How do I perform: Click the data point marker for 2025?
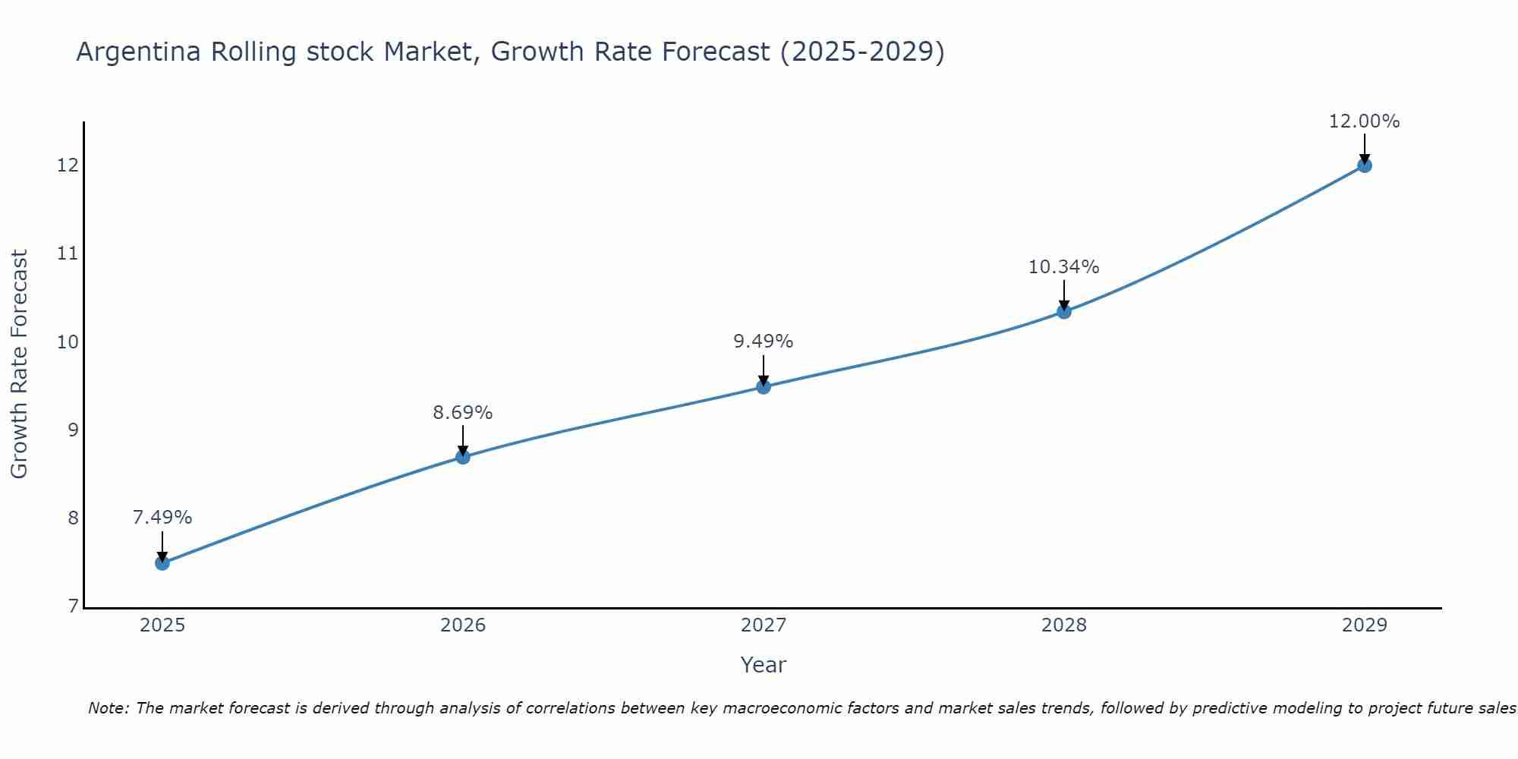(x=162, y=563)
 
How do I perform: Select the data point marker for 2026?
(x=463, y=457)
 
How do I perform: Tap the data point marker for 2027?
(x=764, y=387)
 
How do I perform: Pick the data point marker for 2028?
(x=1064, y=311)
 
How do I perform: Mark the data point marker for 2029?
(x=1364, y=165)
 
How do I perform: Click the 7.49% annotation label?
(x=162, y=518)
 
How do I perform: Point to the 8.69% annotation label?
(x=463, y=413)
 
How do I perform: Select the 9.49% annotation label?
(x=764, y=342)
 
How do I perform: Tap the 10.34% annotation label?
(x=1064, y=267)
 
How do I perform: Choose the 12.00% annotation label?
(x=1364, y=121)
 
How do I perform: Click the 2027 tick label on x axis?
(x=764, y=625)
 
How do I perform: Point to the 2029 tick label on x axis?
(x=1364, y=625)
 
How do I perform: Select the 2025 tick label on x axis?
(x=162, y=625)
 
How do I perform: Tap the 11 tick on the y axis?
(x=68, y=254)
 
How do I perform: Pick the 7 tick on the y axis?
(x=73, y=606)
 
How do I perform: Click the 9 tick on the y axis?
(x=73, y=430)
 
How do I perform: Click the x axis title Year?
(x=764, y=665)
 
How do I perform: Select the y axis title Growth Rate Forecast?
(x=20, y=364)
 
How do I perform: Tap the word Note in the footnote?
(x=108, y=709)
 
